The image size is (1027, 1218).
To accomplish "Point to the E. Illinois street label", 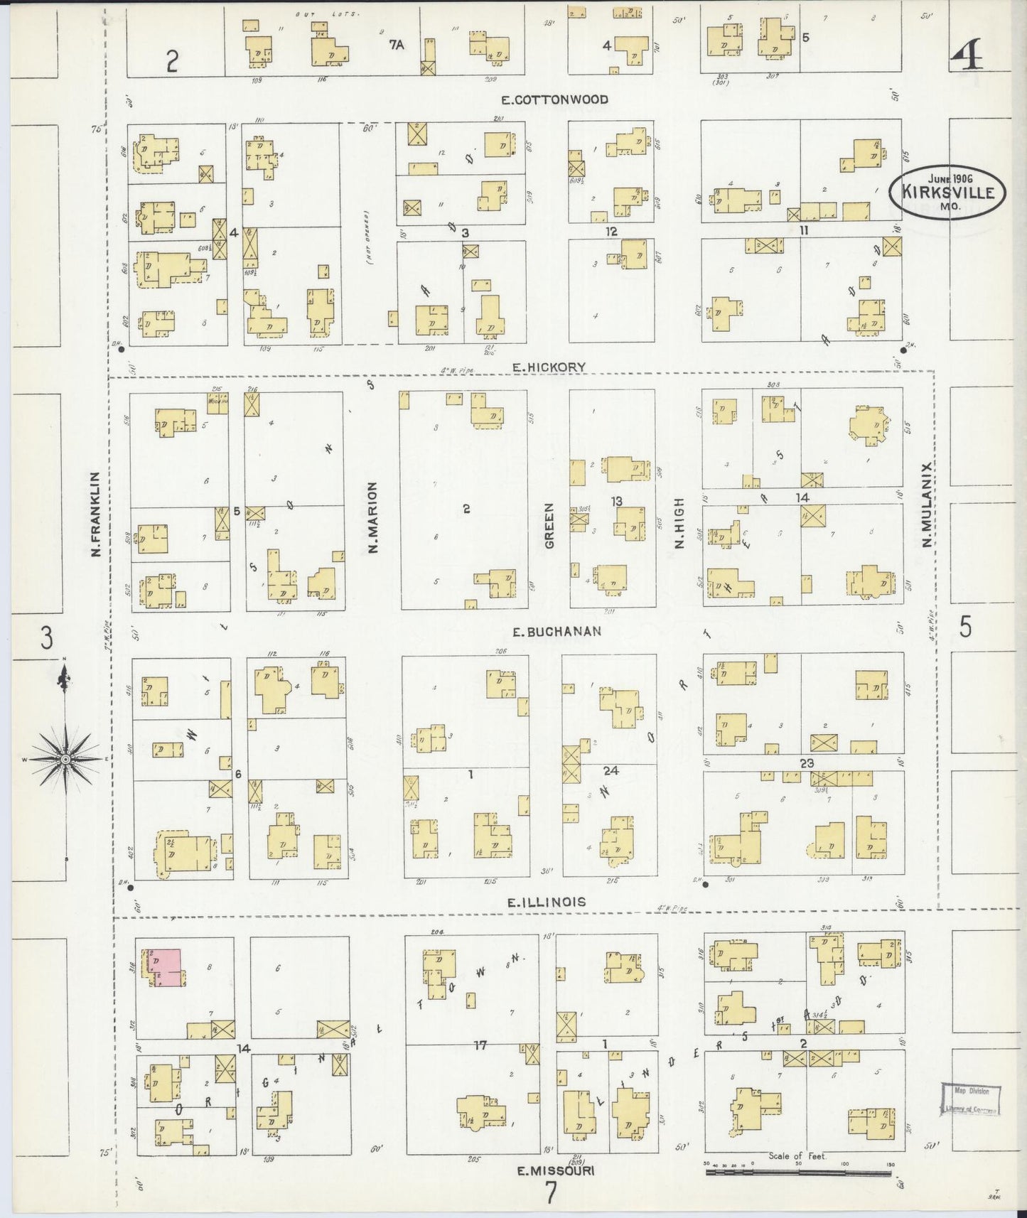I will (x=547, y=902).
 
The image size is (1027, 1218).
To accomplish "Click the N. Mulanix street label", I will (x=927, y=505).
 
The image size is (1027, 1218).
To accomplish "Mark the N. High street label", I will (x=679, y=523).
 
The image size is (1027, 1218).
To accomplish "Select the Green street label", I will (x=549, y=526).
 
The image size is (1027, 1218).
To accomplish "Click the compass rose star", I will (x=65, y=760).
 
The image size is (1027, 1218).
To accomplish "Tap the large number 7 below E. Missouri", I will (x=551, y=1192).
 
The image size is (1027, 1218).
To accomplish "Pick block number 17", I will (x=481, y=1045).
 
